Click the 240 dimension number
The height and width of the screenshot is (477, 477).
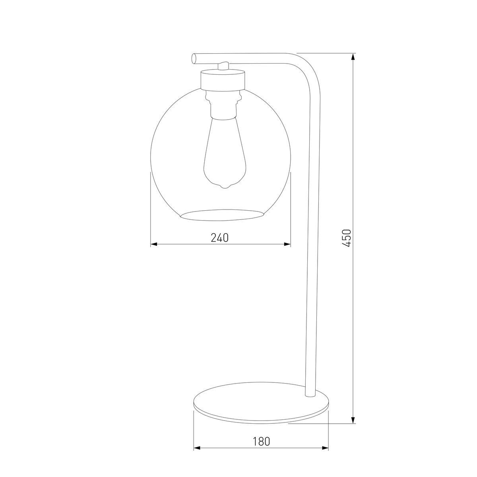pos(220,238)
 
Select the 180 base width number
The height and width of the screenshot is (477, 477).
pos(261,441)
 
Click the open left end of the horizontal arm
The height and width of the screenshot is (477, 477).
pos(194,58)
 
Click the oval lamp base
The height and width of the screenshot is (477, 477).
pos(261,403)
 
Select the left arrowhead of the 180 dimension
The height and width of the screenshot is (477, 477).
pos(196,448)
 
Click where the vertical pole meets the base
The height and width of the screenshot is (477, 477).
pos(309,396)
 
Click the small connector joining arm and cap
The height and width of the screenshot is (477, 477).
pos(224,66)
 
